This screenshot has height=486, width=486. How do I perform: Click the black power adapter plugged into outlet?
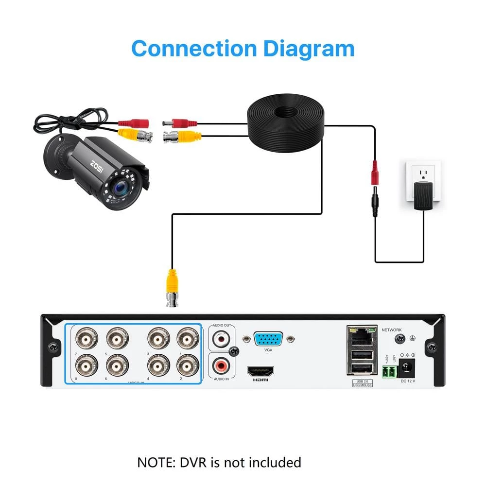pyautogui.click(x=423, y=196)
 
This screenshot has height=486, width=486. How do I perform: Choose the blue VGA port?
pyautogui.click(x=268, y=338)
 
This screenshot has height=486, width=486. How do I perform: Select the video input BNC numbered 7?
pyautogui.click(x=87, y=337)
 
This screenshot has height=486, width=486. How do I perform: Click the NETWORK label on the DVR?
pyautogui.click(x=392, y=330)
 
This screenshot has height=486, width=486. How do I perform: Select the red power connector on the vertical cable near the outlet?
pyautogui.click(x=375, y=171)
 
